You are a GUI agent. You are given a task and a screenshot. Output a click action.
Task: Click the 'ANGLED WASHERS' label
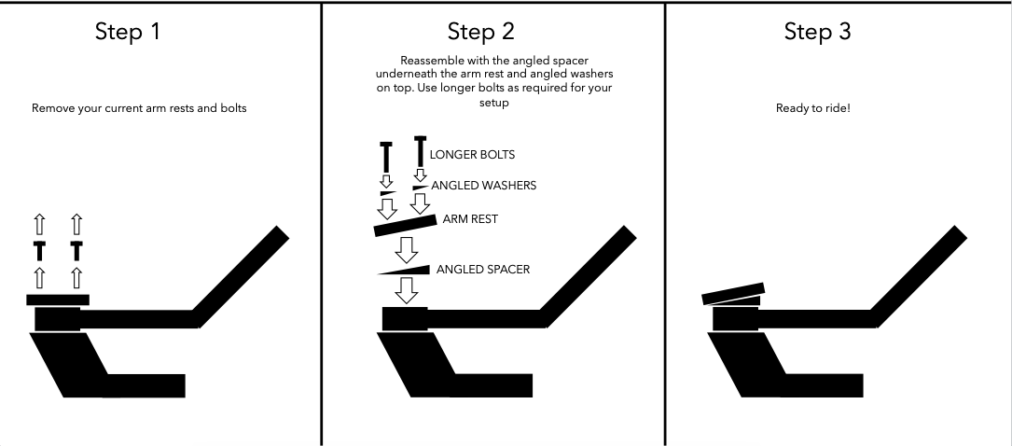[482, 186]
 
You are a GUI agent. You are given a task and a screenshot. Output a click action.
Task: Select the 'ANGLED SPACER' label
[483, 270]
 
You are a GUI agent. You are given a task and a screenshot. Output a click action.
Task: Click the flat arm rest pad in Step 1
[58, 300]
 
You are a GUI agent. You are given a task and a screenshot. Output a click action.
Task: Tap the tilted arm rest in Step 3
[734, 294]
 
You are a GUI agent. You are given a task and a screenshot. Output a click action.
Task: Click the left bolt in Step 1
[39, 250]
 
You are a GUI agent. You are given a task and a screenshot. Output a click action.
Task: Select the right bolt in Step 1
[76, 250]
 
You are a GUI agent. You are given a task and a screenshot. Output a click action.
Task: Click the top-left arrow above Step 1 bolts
[39, 223]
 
